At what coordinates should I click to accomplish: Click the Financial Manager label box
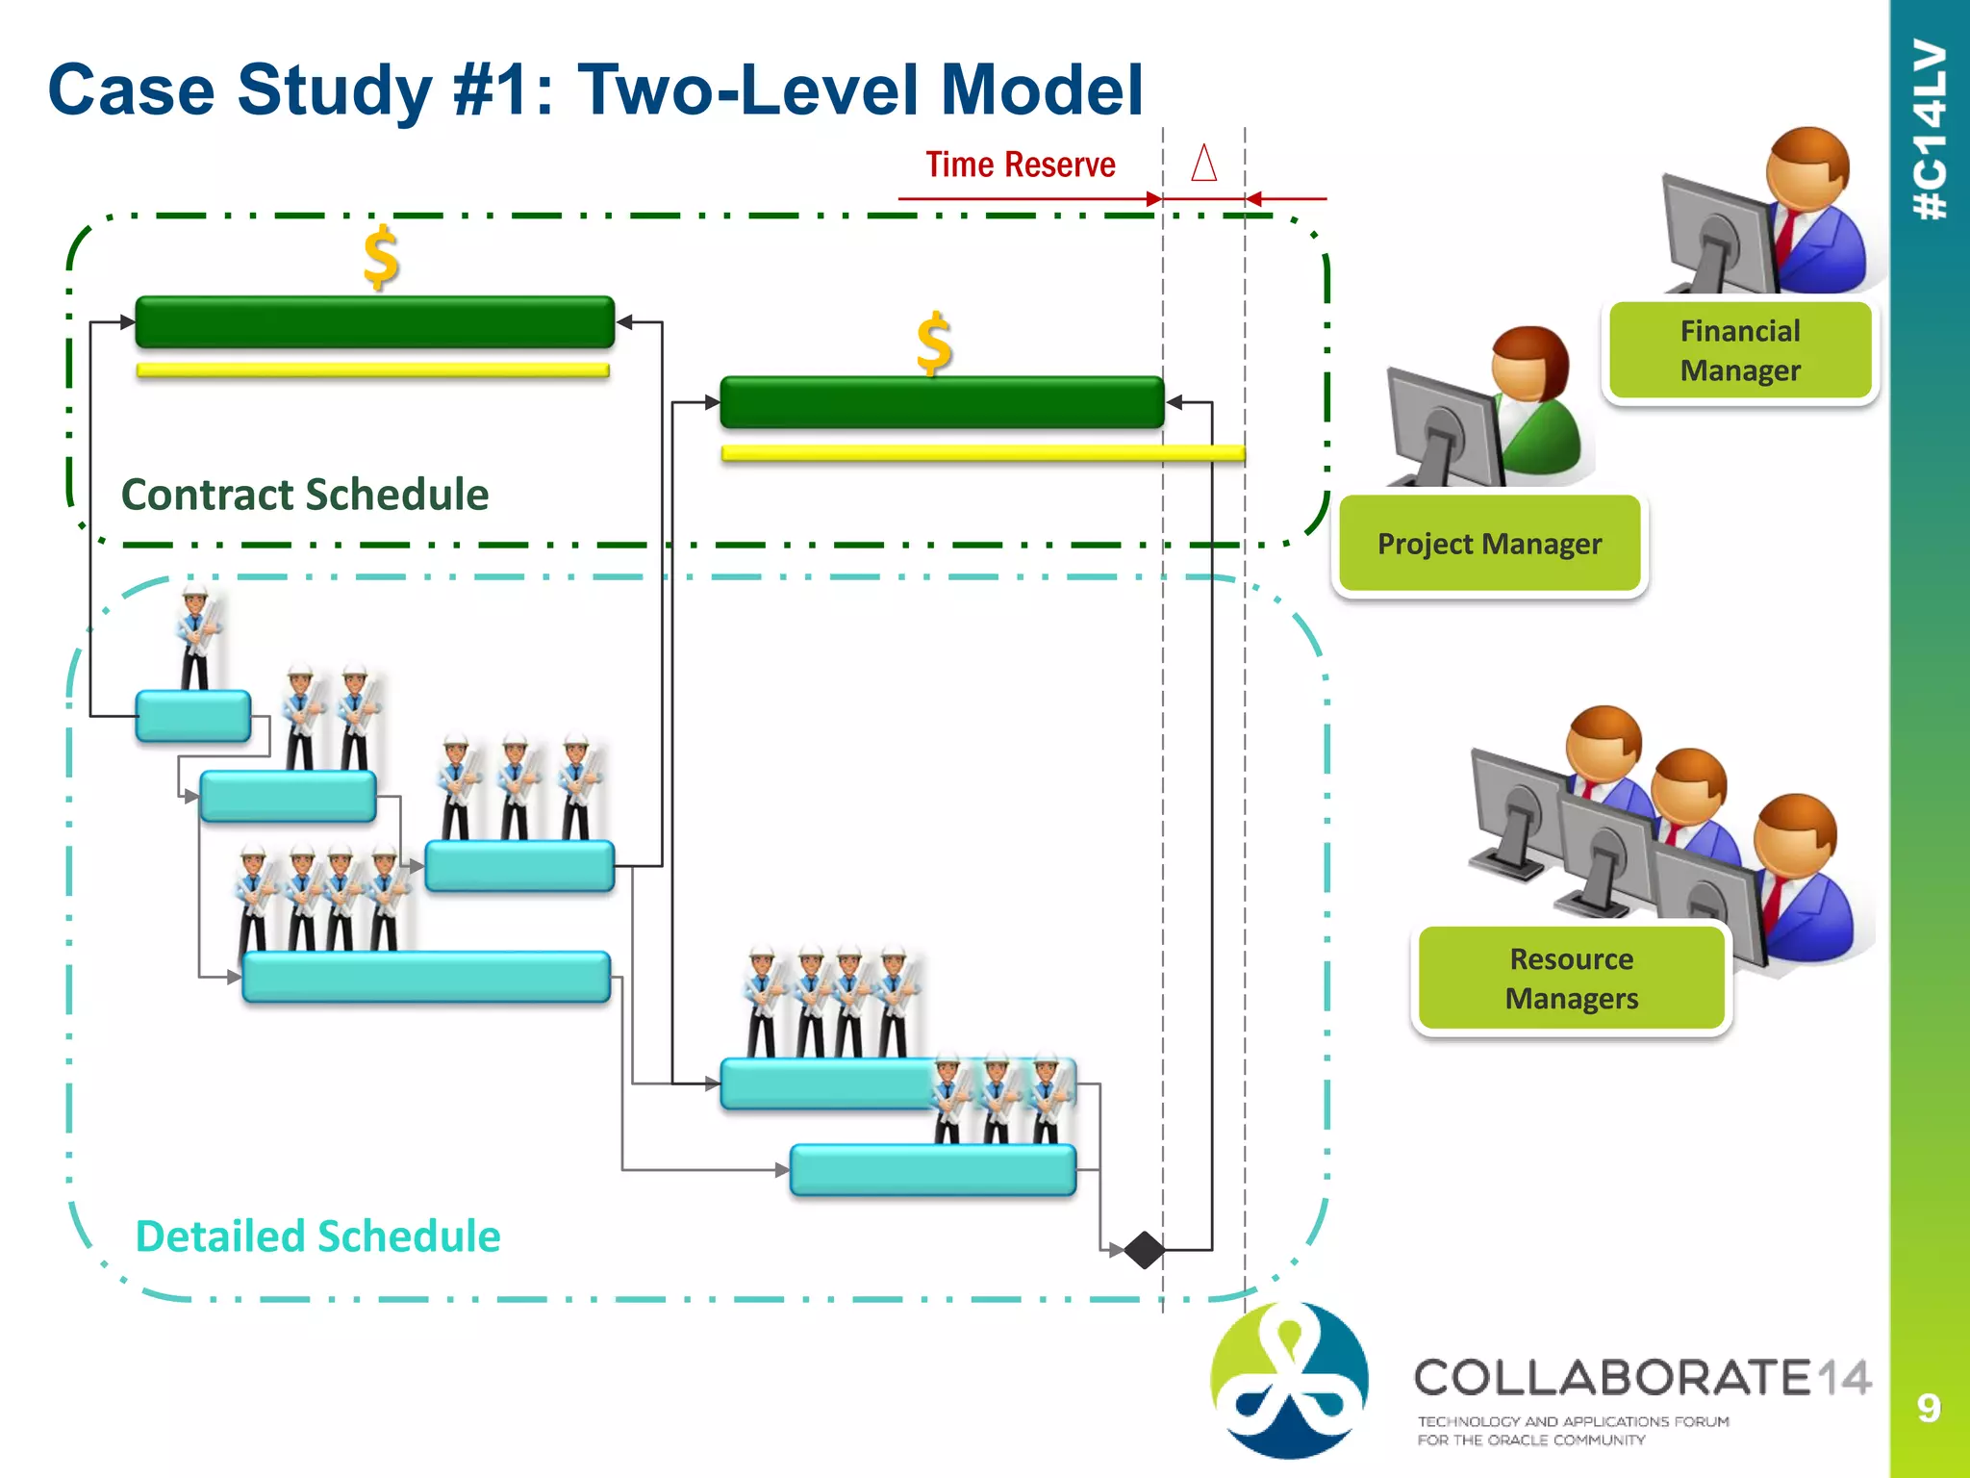(1740, 350)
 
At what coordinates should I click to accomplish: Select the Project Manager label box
(1489, 544)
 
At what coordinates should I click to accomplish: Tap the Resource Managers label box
(1571, 978)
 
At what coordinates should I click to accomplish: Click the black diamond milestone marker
(1144, 1250)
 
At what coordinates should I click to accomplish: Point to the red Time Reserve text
(1020, 165)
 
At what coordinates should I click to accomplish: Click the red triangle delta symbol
(1203, 163)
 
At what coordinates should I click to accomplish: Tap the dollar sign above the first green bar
(381, 258)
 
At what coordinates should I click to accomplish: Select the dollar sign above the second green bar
(933, 344)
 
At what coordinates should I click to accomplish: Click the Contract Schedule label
(305, 495)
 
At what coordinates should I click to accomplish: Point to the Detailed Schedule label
(317, 1236)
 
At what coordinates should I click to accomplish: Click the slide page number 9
(1928, 1408)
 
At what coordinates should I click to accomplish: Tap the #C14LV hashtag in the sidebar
(1930, 130)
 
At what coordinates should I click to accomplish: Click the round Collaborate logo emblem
(1289, 1379)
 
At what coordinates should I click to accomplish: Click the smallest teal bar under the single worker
(193, 716)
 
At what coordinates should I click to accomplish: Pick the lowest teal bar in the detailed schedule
(932, 1169)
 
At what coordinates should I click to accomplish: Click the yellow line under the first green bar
(373, 370)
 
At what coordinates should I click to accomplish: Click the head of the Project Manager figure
(1529, 363)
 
